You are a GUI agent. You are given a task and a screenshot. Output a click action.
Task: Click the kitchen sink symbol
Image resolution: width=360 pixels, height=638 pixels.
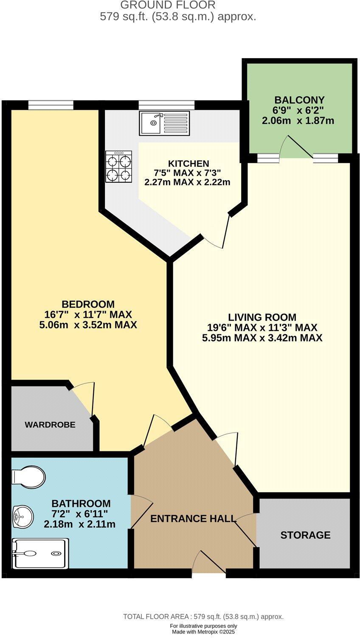point(164,123)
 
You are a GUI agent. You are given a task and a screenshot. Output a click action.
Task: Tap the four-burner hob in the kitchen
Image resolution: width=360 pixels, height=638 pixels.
point(118,167)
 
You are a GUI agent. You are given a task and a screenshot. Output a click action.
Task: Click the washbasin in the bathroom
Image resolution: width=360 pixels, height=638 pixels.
point(23,516)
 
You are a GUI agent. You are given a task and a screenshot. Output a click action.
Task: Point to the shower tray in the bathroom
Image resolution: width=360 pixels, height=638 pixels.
point(40,554)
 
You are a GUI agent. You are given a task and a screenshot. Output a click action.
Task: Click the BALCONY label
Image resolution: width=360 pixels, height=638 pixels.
point(299,100)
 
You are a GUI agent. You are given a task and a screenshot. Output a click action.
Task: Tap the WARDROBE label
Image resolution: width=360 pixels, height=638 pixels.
point(50,425)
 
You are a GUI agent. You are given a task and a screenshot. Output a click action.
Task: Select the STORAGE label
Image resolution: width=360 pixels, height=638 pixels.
point(305,535)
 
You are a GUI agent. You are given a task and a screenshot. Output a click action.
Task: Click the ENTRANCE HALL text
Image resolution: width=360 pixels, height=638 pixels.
point(193,518)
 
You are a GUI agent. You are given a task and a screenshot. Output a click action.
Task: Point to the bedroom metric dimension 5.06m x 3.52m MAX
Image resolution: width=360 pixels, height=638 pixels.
point(88,325)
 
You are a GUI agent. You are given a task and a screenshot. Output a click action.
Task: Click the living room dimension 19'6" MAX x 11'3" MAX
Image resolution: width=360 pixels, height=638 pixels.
point(262,327)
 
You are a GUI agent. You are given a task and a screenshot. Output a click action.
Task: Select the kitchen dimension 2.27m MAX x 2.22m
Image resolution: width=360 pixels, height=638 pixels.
point(188,182)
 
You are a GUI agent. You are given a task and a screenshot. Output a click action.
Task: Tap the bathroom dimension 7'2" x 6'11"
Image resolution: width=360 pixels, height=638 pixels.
point(80,514)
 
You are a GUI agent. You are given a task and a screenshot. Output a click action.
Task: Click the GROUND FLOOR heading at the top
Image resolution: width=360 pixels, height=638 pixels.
point(168,5)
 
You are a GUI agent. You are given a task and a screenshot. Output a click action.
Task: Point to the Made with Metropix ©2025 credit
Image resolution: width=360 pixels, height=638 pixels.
point(203,632)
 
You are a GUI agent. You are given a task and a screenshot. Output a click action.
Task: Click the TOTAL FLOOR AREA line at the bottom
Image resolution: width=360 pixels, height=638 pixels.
point(203,617)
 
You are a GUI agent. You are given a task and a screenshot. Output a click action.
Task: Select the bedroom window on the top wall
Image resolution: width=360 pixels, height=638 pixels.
point(51,104)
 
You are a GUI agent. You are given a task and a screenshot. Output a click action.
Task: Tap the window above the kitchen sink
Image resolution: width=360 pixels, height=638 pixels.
point(166,104)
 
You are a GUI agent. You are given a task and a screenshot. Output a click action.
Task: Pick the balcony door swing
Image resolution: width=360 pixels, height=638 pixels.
point(297,146)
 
